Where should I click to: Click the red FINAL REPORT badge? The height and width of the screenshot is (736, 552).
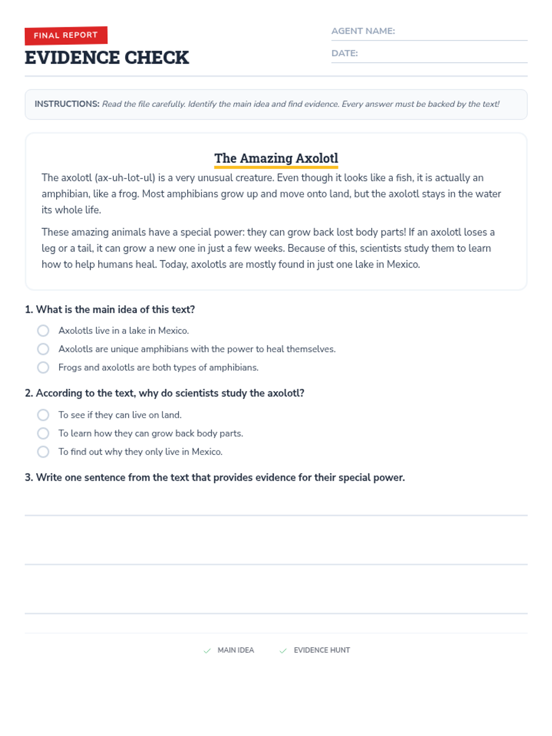coord(66,35)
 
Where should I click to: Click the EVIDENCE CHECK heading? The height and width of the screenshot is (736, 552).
coord(107,58)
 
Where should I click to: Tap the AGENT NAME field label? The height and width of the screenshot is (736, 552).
coord(363,31)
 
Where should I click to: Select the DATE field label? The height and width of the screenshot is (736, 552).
coord(345,53)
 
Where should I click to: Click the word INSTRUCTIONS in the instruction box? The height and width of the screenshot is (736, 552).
coord(67,104)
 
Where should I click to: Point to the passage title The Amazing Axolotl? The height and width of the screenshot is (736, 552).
coord(276,158)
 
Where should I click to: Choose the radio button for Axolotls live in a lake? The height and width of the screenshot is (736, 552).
coord(43,331)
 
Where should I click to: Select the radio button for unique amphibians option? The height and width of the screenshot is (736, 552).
coord(43,349)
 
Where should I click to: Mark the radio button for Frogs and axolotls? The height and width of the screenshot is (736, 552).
coord(43,368)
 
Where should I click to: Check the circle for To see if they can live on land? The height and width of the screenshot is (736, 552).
coord(43,415)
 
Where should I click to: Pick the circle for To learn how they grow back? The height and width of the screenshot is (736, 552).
coord(43,433)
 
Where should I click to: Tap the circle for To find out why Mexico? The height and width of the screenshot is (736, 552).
coord(43,452)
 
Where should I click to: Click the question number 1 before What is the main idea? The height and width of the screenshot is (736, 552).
coord(29,310)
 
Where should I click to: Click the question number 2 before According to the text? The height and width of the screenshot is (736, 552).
coord(29,393)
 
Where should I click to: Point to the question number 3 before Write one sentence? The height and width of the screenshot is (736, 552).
coord(29,477)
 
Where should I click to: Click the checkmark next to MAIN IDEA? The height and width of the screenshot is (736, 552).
coord(207,650)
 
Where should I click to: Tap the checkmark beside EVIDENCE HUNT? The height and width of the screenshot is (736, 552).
coord(283,650)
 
